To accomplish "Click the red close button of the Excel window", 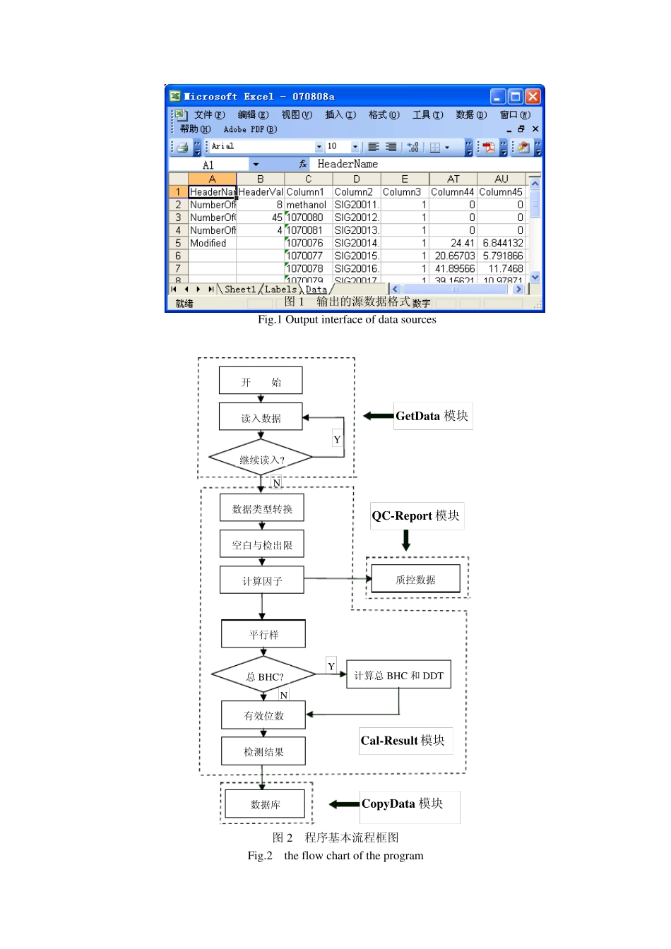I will (533, 96).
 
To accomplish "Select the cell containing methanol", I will (307, 205).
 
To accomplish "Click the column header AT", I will (453, 179).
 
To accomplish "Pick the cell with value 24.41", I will (453, 243).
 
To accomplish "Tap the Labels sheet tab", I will (280, 290).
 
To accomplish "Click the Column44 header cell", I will (453, 192).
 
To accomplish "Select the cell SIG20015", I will (357, 256).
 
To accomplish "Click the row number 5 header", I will (178, 243).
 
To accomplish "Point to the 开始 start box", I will (261, 381).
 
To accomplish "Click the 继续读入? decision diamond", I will (261, 460).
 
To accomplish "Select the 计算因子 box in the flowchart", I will (262, 580).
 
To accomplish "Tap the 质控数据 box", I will (415, 579).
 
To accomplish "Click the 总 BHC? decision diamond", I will (264, 676).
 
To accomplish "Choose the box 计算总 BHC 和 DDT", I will (398, 675).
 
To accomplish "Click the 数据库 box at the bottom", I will (265, 804).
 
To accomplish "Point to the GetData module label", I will (432, 416).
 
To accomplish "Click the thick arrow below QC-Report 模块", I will (406, 540).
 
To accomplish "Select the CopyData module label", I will (403, 804).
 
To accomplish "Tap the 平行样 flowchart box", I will (263, 634).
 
